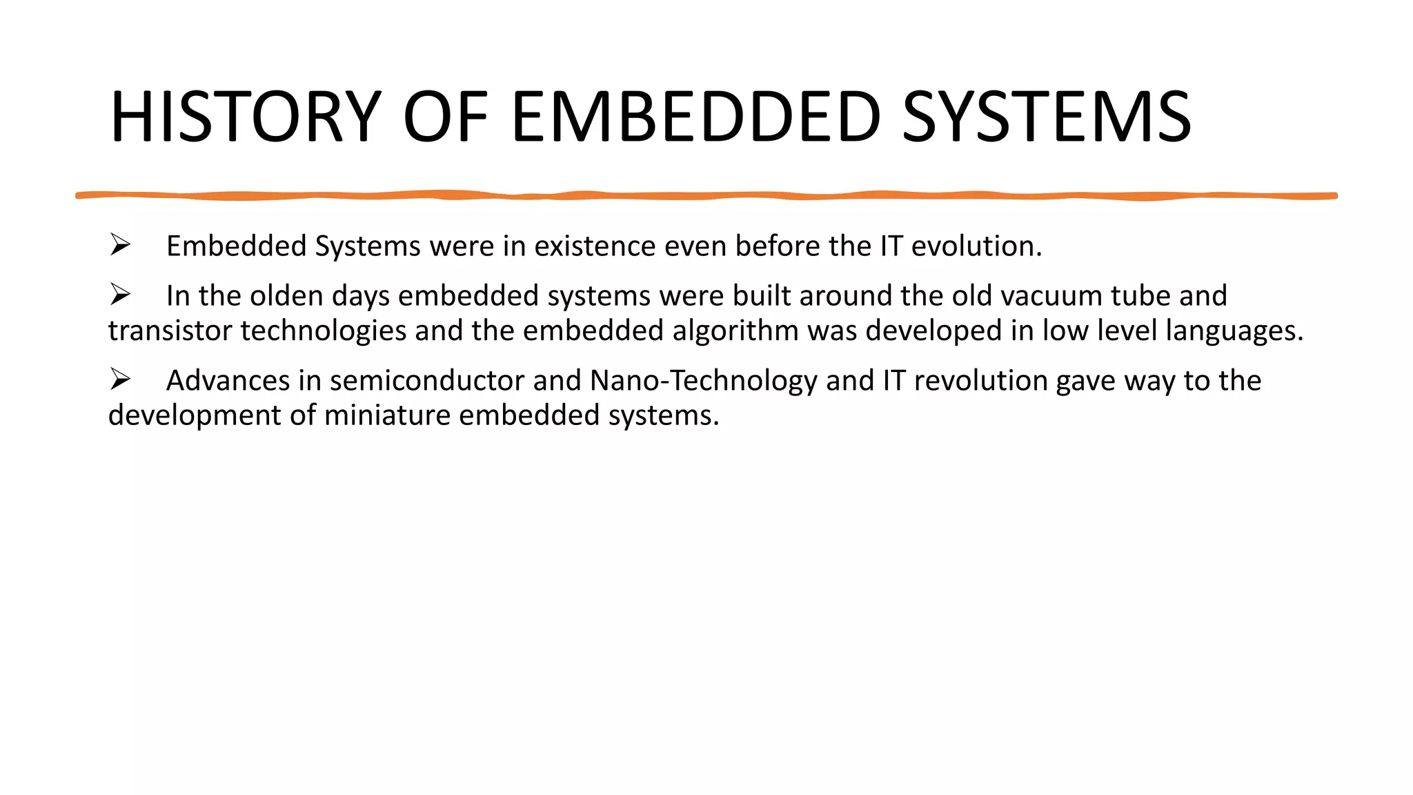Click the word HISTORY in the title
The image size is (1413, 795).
tap(246, 117)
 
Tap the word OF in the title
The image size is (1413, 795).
tap(445, 117)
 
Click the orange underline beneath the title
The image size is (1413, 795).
tap(706, 196)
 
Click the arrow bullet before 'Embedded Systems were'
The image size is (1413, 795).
tap(120, 245)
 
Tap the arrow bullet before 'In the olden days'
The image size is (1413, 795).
tap(120, 295)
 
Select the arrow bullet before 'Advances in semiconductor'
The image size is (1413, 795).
tap(120, 380)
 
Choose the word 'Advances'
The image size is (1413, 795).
tap(228, 381)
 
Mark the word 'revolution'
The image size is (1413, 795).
tap(980, 381)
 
